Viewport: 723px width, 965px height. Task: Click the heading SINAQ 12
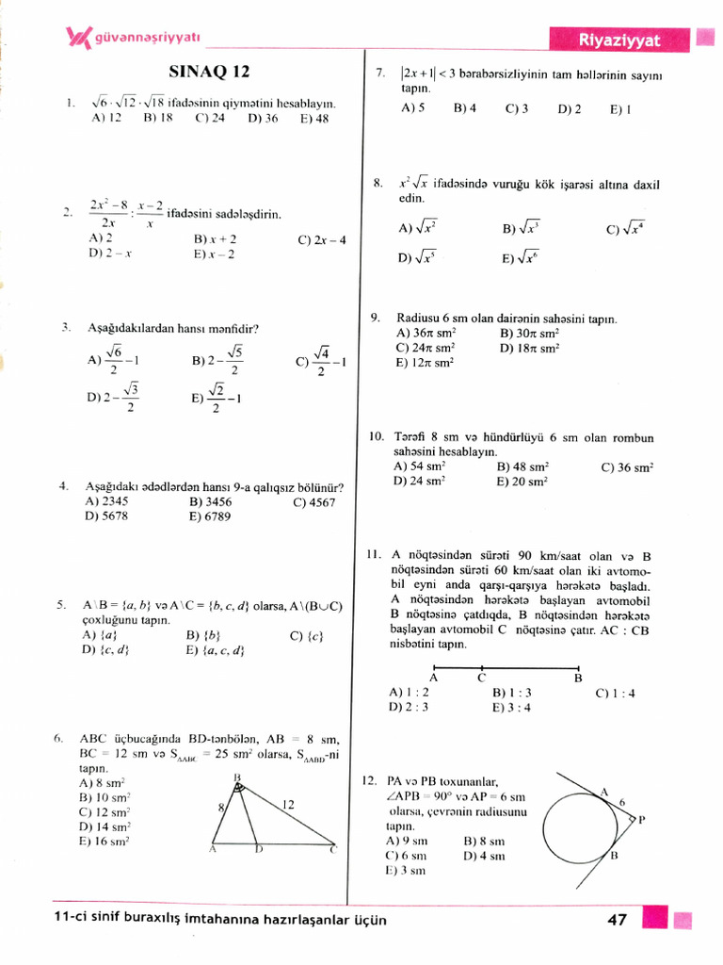[210, 72]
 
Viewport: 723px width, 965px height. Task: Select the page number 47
[618, 920]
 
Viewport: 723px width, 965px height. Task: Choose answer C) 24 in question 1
[210, 119]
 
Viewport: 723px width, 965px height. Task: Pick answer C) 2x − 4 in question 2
[322, 240]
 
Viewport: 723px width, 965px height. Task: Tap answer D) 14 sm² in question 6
[104, 826]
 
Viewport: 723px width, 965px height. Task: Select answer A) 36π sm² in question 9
[426, 334]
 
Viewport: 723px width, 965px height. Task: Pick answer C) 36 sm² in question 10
[627, 466]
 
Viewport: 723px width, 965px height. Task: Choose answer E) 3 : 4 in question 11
[513, 708]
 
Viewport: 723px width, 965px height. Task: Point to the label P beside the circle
[641, 820]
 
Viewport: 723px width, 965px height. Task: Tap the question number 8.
[377, 184]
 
